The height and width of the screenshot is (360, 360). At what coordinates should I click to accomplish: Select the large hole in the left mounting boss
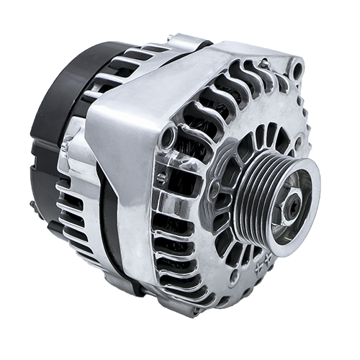168,135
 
